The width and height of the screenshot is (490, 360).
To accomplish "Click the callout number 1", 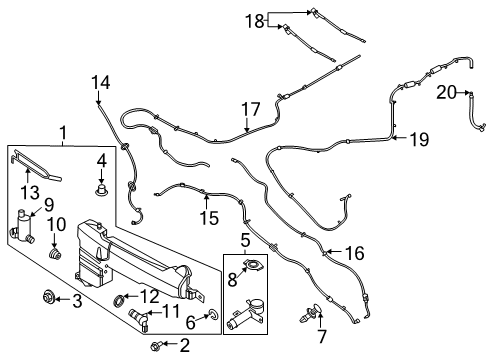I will coord(63,132).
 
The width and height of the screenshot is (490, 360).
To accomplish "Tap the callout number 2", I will coord(183,346).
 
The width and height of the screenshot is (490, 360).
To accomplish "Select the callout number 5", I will coord(244,239).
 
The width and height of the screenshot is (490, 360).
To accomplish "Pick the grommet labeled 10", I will coord(55,263).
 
